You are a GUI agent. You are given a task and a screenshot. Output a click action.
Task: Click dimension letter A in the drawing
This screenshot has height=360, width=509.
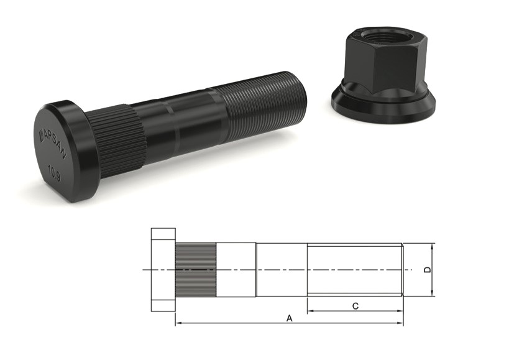pos(289,318)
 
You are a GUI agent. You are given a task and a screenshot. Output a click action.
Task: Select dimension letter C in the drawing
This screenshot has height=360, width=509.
pos(355,305)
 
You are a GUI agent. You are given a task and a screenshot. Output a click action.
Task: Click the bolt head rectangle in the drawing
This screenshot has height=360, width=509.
pos(163,270)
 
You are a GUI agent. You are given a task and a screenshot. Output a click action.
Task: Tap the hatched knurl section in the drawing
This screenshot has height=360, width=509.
pos(195,270)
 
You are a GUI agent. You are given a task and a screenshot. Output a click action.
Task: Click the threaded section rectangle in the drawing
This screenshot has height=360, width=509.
pos(354,270)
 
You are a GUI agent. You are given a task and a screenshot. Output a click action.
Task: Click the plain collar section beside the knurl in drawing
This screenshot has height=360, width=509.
pos(236,270)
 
